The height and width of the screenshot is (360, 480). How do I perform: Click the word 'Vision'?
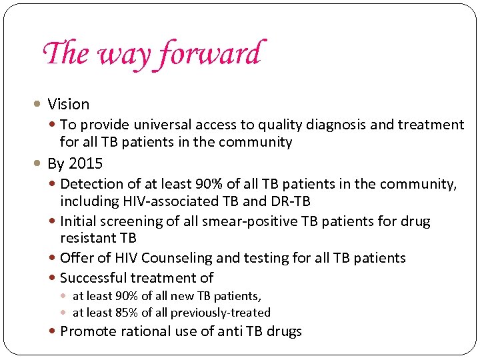point(68,105)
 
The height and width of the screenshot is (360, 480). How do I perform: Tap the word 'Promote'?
point(87,331)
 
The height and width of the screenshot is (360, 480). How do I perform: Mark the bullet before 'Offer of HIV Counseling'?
point(53,258)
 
